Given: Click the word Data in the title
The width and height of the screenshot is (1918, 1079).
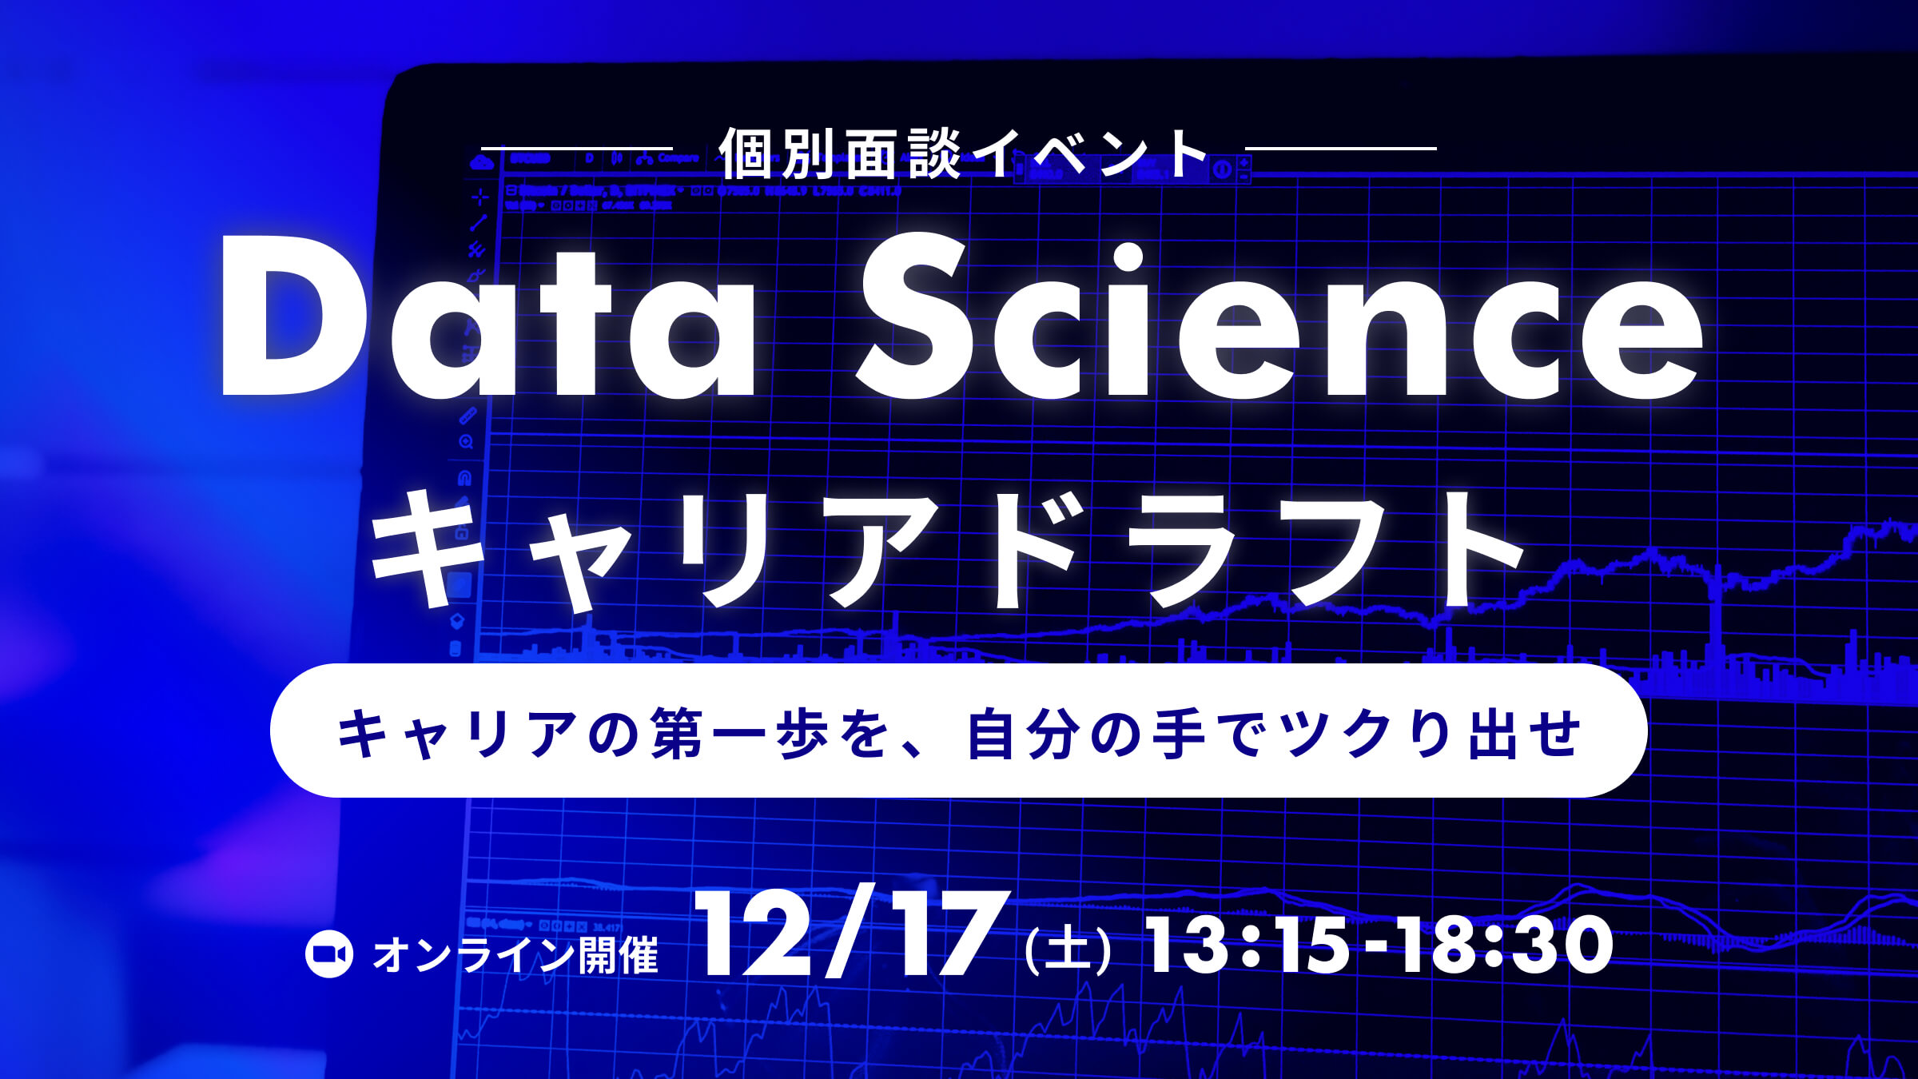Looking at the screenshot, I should (x=487, y=320).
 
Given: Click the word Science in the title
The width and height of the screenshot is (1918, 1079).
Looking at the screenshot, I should (x=1279, y=320).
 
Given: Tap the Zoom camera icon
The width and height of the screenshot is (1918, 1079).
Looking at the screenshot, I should (x=329, y=954).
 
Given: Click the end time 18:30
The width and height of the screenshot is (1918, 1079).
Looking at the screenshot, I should (x=1502, y=945).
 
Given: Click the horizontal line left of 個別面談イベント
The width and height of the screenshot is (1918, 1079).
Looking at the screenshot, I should (x=577, y=149).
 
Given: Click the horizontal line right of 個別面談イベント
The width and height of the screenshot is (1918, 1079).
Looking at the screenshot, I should (x=1341, y=149).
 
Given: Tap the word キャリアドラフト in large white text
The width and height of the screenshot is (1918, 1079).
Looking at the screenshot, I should (x=947, y=551).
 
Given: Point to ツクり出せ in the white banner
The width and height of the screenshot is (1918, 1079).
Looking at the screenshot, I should (x=1431, y=734).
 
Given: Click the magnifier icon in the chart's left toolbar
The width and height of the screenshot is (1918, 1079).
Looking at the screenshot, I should (x=466, y=442).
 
